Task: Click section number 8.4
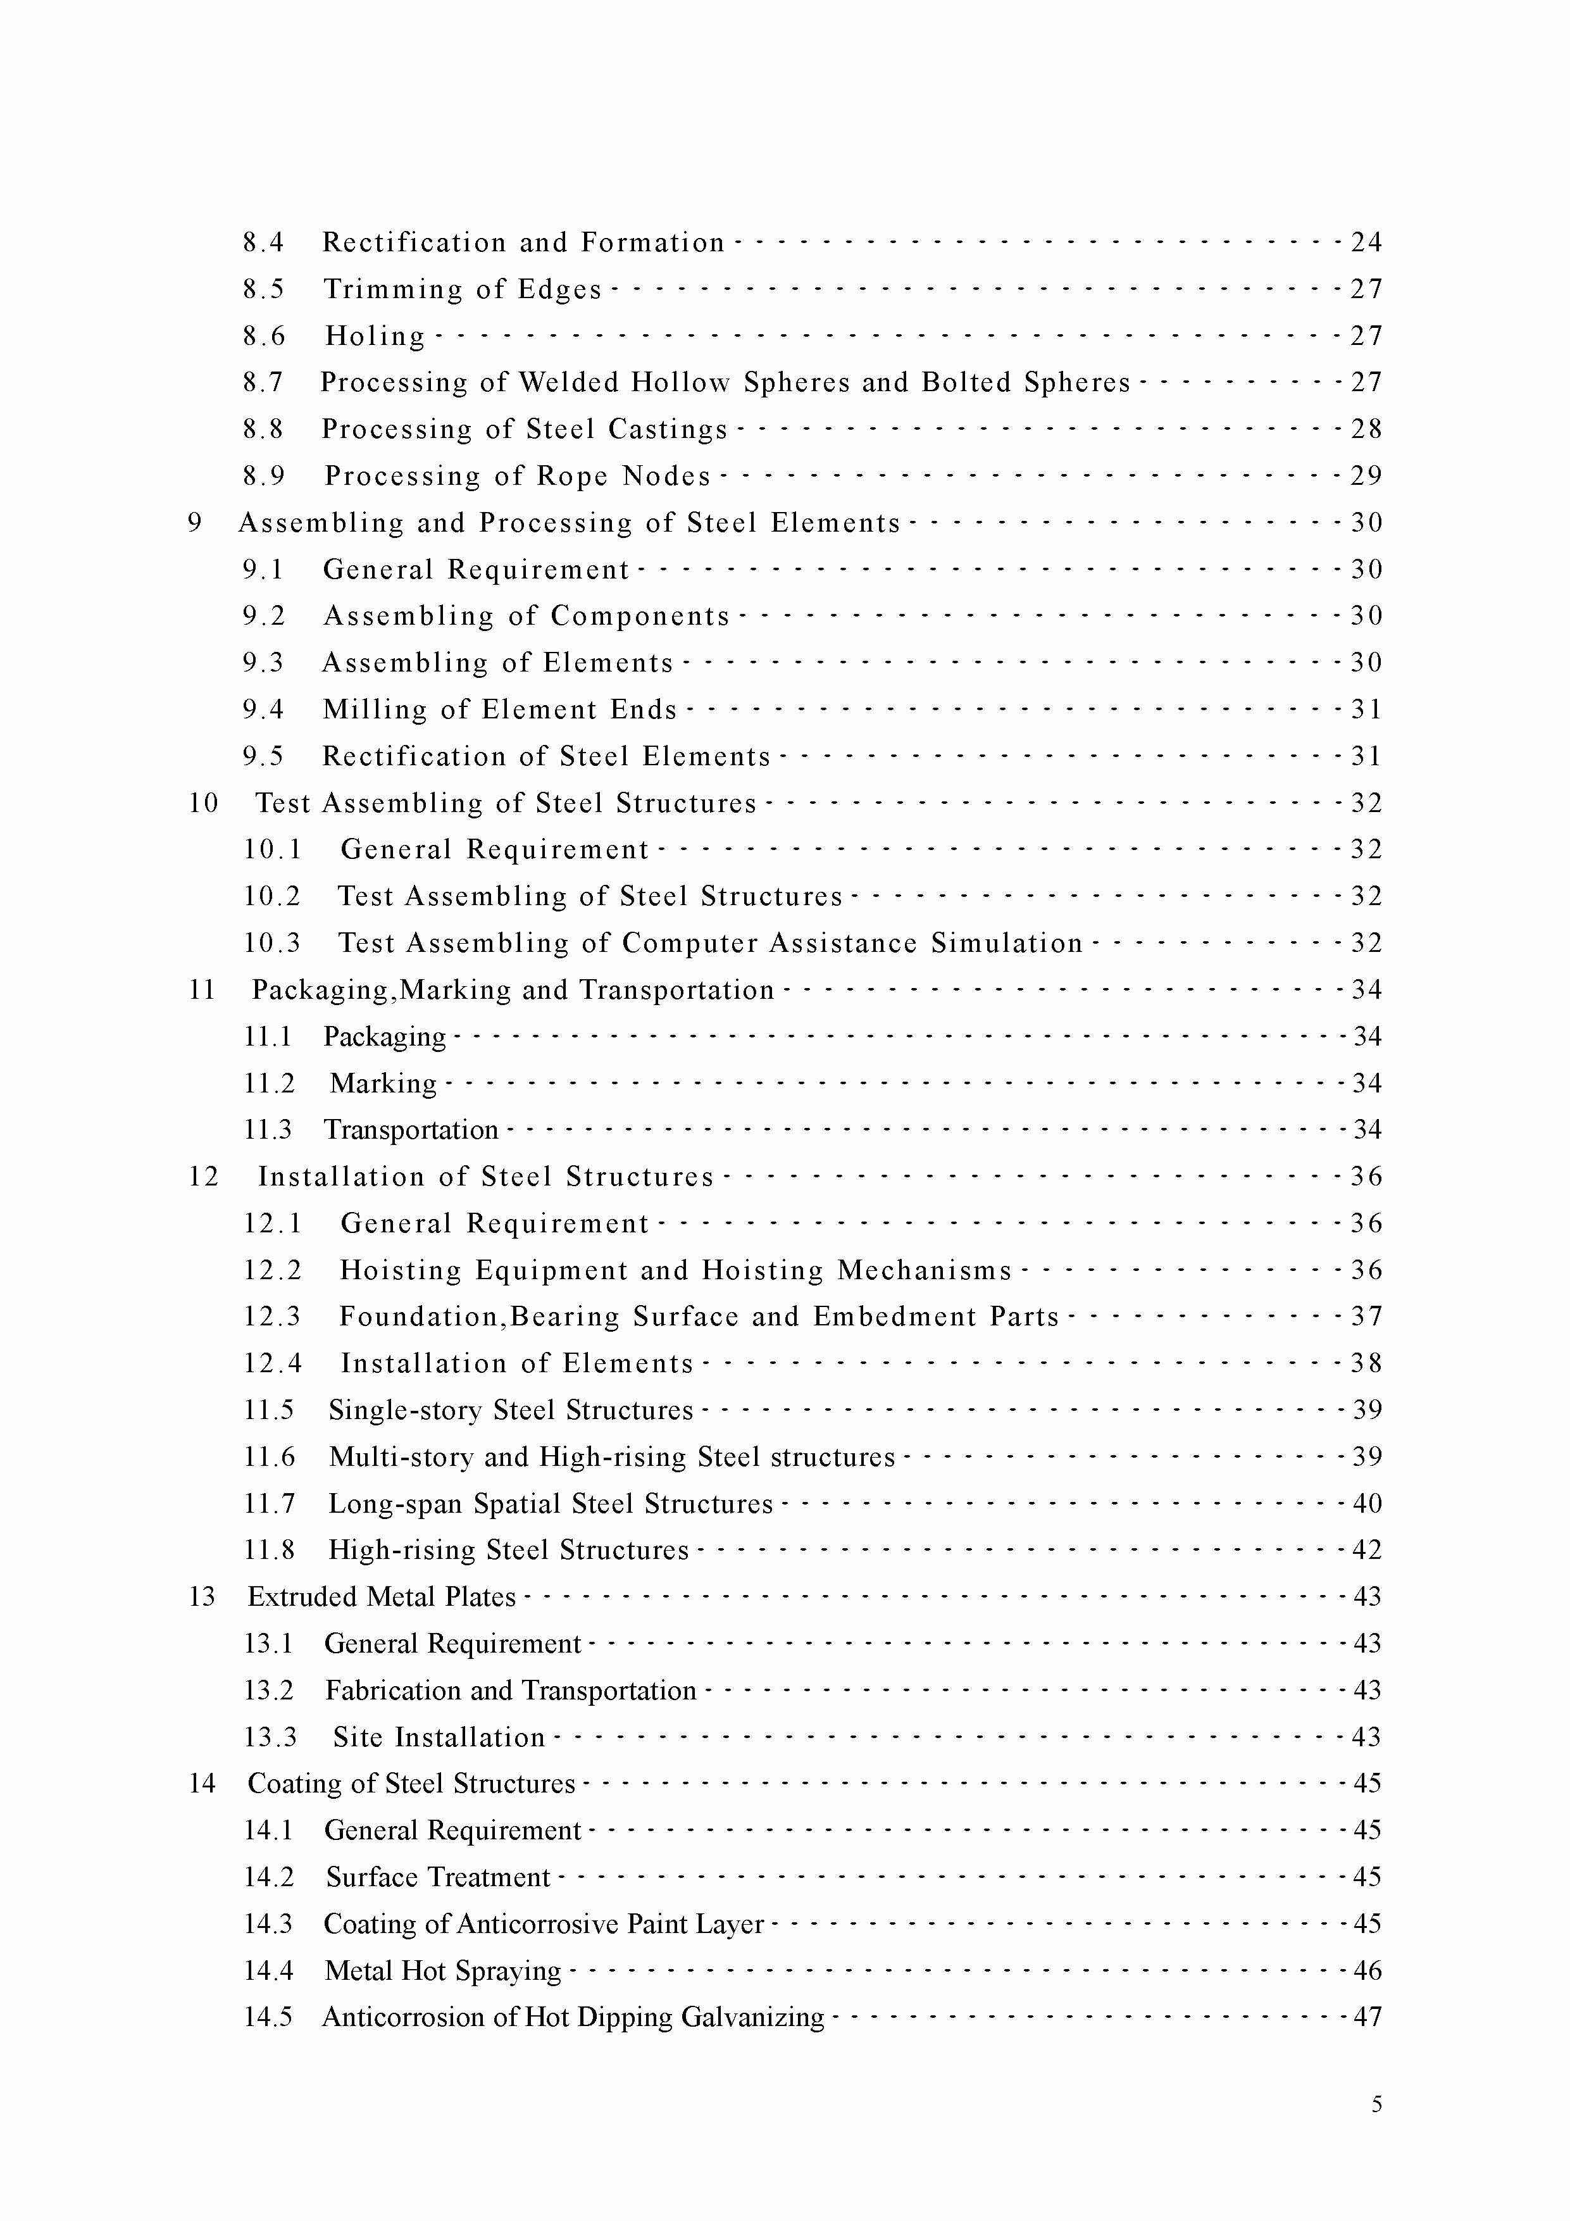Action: (263, 242)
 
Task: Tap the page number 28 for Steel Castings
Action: (1366, 429)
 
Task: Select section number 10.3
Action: (272, 943)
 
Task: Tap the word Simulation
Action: (1006, 943)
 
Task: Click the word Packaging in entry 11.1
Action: (384, 1037)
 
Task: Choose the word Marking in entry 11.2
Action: (383, 1084)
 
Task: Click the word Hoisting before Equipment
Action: (401, 1270)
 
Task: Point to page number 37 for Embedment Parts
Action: (1366, 1317)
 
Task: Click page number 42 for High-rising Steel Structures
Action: (1366, 1549)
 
